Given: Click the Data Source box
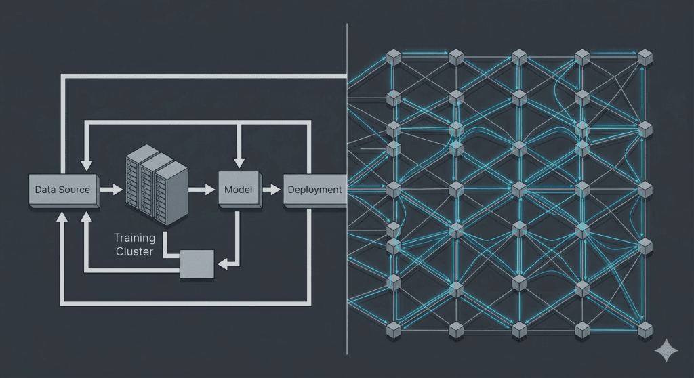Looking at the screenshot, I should [x=62, y=190].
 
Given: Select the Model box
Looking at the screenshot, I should [x=238, y=190].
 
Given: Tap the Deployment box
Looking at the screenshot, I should [x=314, y=190].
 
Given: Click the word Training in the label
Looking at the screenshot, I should [x=134, y=238].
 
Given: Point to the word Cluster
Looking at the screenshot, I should [x=134, y=251].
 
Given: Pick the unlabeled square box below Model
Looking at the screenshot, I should [x=197, y=264].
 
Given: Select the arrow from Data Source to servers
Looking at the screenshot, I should [x=109, y=190].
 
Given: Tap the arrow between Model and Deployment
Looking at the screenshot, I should [x=271, y=190].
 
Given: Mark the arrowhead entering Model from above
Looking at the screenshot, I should [x=238, y=163].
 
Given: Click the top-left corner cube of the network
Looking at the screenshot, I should [x=393, y=57].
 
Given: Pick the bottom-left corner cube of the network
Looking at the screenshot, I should [x=393, y=330].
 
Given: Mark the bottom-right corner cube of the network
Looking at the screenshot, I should [x=645, y=330].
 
